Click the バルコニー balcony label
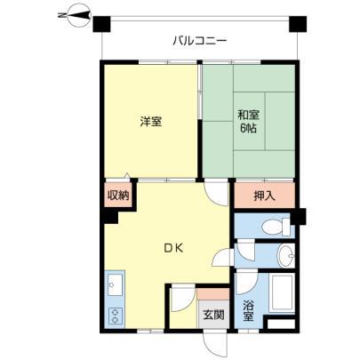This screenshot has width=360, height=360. pos(200,41)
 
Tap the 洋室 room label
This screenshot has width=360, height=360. pos(151,122)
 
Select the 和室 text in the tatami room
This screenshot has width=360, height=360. pos(249,116)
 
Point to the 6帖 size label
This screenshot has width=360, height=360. pos(248,128)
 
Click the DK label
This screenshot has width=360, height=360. pos(174,248)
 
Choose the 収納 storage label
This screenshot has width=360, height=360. pos(118,196)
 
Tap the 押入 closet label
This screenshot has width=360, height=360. pos(264,196)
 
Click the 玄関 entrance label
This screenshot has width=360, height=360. pos(213,315)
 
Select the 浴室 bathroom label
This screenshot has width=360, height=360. pos(248,310)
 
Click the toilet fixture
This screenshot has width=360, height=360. pos(276,227)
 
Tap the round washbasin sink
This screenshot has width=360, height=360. pos(286,255)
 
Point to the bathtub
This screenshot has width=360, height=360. pos(282,292)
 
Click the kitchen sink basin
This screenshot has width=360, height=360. pos(115,284)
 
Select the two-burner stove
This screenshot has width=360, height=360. pos(116,316)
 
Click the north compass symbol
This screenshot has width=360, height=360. pos(76,14)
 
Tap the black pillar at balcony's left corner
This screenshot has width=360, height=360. pos(101,24)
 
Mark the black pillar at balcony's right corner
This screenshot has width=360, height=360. pos(298,24)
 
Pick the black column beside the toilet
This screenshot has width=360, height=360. pos(298,217)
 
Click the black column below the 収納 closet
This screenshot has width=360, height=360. pos(110,217)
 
